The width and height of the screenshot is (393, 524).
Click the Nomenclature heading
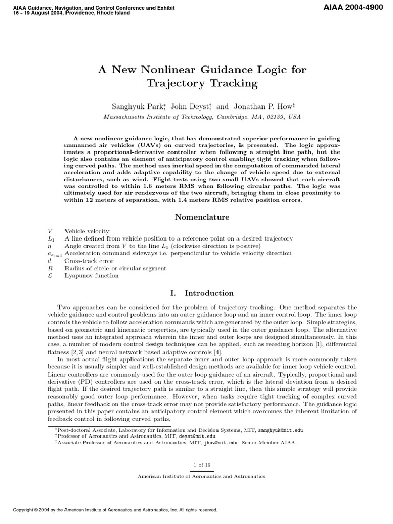[x=202, y=217]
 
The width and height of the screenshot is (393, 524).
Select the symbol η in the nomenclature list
[x=49, y=246]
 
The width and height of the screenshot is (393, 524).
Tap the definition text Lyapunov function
[x=91, y=276]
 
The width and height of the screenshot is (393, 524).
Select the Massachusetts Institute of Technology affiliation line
[x=202, y=117]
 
